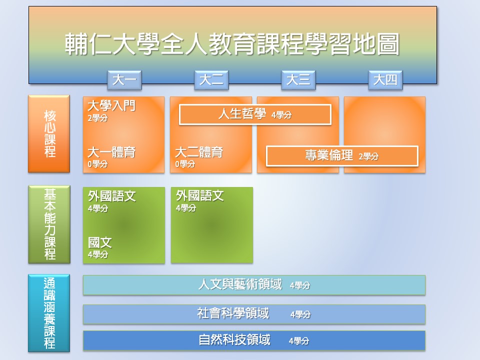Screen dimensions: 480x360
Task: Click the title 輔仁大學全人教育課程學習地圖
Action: [x=232, y=44]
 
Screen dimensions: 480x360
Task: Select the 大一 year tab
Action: [x=124, y=80]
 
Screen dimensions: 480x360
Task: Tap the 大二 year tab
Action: [x=211, y=80]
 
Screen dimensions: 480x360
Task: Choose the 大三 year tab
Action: [x=298, y=80]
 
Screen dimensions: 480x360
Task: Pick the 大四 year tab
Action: [x=385, y=80]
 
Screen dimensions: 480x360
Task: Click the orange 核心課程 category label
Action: [x=49, y=134]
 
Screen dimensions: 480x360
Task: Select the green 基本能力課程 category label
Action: [x=49, y=224]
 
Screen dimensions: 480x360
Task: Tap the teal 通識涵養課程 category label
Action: [x=49, y=313]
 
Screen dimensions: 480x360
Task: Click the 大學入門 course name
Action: [x=111, y=106]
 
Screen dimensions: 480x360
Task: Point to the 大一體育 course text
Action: [x=111, y=152]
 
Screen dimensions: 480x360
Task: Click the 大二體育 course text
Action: [x=199, y=152]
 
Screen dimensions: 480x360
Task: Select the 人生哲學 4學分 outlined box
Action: [x=255, y=114]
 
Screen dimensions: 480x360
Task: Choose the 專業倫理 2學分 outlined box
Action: [x=342, y=156]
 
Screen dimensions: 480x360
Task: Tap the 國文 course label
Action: [x=100, y=243]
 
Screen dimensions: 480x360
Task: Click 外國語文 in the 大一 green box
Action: [x=111, y=196]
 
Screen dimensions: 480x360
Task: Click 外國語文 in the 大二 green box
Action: [x=200, y=196]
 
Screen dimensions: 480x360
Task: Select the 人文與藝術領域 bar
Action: [x=254, y=285]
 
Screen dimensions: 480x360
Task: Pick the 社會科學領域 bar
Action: [x=254, y=314]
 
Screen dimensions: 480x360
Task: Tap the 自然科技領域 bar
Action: [x=254, y=340]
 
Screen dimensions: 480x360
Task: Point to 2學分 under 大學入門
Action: [x=97, y=118]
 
